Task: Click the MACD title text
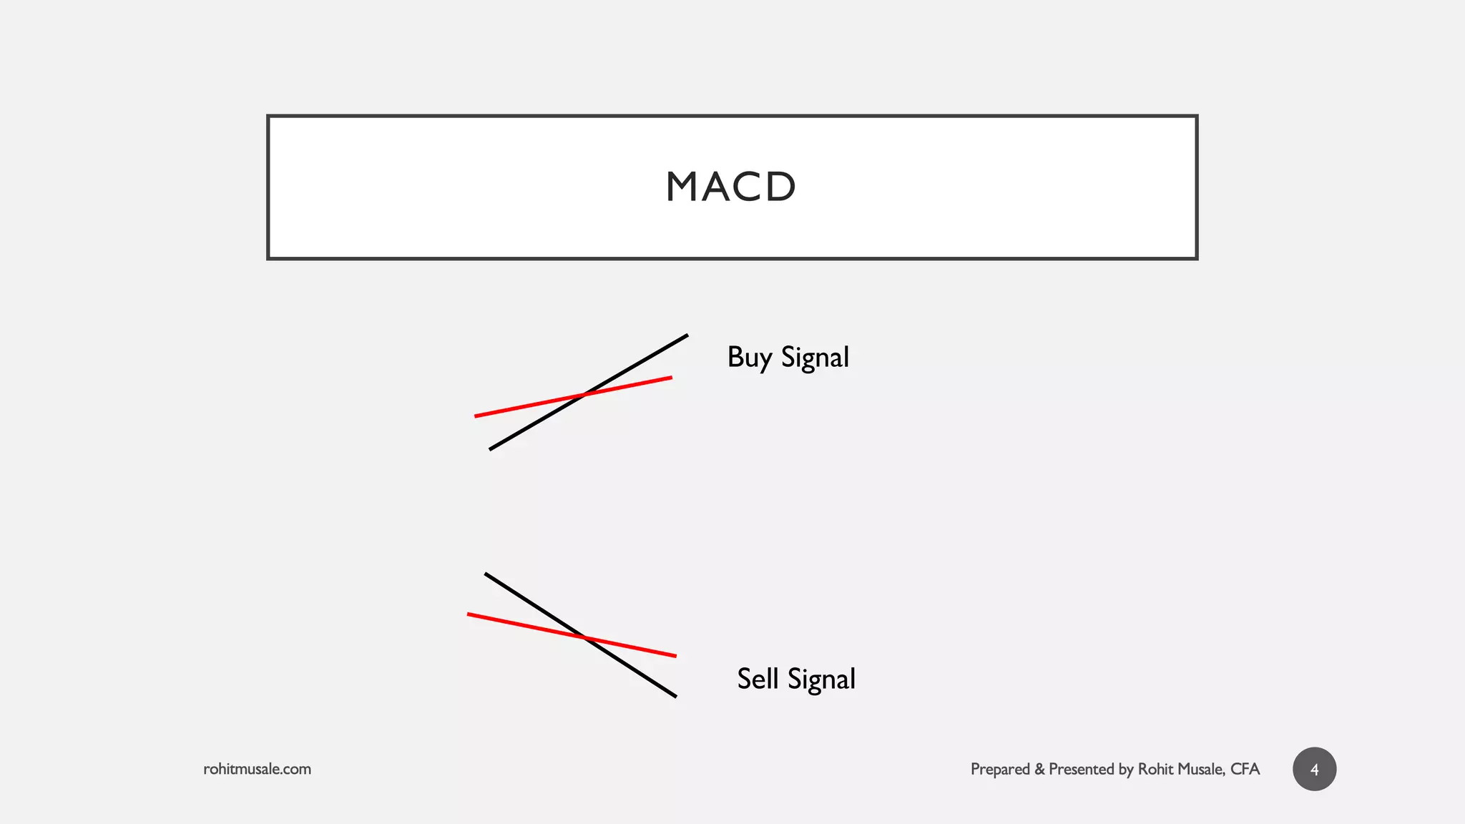coord(731,187)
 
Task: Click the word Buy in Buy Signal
coord(749,358)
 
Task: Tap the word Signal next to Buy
coord(815,358)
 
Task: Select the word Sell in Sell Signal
coord(757,679)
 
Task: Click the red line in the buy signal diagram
coord(515,408)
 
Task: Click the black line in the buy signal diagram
coord(637,364)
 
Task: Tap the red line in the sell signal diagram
coord(515,624)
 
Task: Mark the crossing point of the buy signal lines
coord(585,394)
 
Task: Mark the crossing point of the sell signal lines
coord(585,637)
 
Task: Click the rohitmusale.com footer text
coord(257,769)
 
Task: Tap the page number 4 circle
coord(1314,769)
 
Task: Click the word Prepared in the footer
coord(1000,769)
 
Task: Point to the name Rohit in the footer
coord(1155,769)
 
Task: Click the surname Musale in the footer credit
coord(1201,769)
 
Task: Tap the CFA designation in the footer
coord(1245,769)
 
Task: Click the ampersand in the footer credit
coord(1039,769)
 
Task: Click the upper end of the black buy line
coord(685,336)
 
